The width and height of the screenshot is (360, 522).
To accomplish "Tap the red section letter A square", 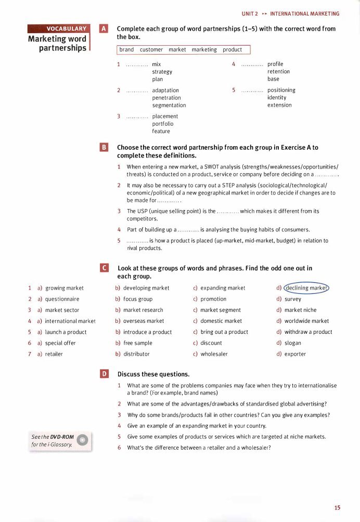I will coord(104,29).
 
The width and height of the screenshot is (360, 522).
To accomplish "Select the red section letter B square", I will coord(104,148).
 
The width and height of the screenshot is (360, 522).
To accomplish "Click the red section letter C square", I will coord(104,268).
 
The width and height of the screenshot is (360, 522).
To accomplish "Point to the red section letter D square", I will coord(104,374).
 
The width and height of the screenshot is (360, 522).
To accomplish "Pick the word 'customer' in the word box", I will coord(151,50).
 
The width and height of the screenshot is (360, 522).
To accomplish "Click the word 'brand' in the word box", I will coord(126,50).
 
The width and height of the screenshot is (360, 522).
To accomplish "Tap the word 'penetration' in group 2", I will coord(166,98).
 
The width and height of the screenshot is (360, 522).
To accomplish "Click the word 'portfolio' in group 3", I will coord(163,124).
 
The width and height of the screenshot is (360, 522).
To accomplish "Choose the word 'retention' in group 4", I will coord(278,72).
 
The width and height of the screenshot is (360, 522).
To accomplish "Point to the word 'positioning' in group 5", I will coord(281,90).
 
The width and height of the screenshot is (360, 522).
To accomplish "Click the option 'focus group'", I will coord(138,299).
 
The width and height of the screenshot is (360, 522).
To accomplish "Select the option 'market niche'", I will coord(300,310).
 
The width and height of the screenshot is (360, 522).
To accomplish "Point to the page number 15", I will coord(338,507).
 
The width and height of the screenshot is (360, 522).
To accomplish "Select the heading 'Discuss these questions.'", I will coord(153,374).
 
